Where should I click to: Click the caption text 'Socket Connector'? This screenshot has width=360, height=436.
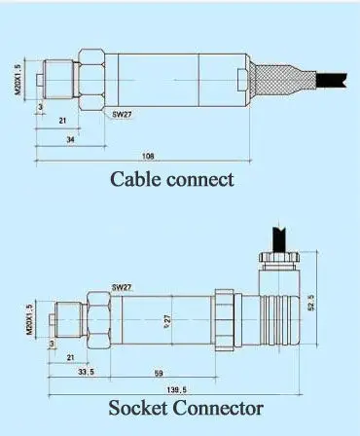point(186,407)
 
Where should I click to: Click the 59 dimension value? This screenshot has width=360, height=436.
point(157,372)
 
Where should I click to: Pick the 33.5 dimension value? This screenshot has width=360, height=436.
point(86,372)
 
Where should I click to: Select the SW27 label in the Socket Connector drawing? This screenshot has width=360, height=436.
point(121,287)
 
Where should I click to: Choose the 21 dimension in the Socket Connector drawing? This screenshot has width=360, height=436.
point(71,358)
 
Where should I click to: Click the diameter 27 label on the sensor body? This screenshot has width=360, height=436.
point(167,318)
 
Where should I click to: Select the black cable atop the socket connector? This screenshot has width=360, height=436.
point(277,237)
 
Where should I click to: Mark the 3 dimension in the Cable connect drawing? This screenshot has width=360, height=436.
point(38,106)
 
